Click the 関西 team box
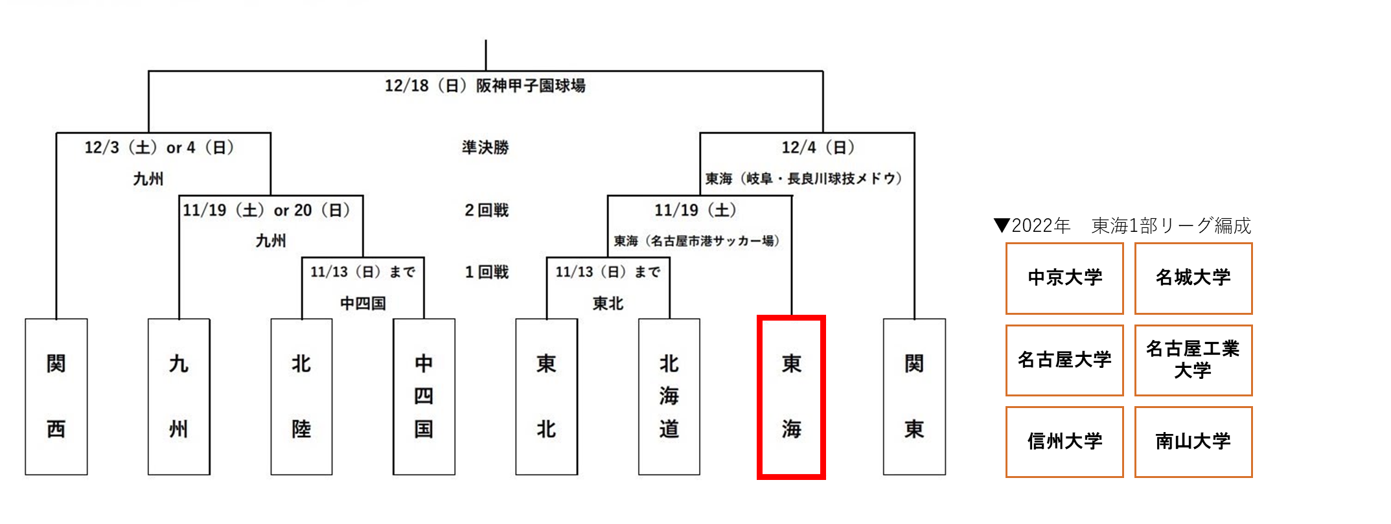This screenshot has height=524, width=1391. pos(56,396)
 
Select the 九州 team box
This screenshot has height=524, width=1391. pos(179,396)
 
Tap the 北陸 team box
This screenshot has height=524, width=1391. pos(301,396)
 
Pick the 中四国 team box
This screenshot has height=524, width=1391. pos(424,396)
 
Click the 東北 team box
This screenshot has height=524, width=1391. pos(547,396)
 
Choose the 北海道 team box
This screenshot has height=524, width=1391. pos(669,396)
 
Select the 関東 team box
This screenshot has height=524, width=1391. pos(914,396)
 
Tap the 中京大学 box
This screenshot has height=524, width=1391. pos(1064,279)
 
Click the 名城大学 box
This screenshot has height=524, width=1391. pos(1193,279)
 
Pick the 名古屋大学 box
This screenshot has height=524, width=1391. pos(1064,360)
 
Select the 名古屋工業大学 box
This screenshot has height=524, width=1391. pos(1193,360)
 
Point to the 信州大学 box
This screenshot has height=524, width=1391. pos(1064,442)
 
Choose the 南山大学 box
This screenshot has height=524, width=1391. pos(1193,442)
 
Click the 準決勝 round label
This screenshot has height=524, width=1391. pos(485,148)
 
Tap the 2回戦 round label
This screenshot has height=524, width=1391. pos(487,210)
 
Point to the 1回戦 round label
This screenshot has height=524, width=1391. pos(487,272)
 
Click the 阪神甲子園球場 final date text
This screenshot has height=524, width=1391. pos(485,85)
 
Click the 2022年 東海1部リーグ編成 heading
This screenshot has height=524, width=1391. pos(1122,225)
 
